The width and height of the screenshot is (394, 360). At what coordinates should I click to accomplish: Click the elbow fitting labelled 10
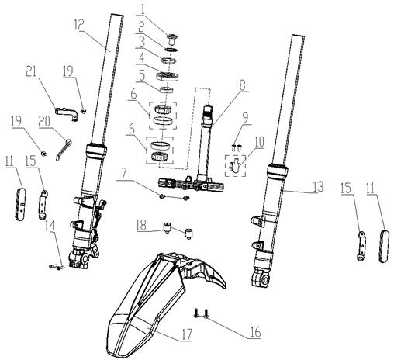click(232, 165)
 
